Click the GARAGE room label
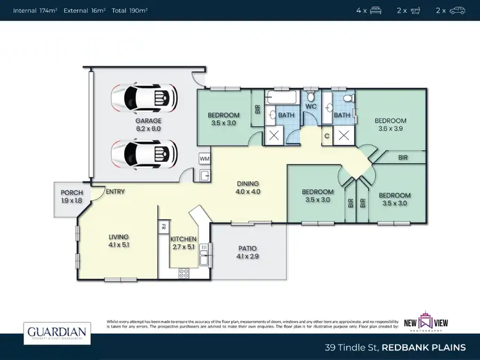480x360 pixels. [x=148, y=124]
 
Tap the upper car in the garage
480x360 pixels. [x=143, y=98]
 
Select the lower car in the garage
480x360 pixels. [x=143, y=153]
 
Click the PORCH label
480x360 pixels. [x=72, y=196]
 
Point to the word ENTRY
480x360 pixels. [x=115, y=191]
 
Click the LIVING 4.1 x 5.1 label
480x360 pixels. [x=118, y=240]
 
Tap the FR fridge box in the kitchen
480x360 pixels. [x=163, y=226]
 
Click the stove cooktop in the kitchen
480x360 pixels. [x=184, y=272]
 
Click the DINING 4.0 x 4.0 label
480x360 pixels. [x=247, y=187]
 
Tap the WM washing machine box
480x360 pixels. [x=205, y=158]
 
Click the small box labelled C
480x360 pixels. [x=326, y=136]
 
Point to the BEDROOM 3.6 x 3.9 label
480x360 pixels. [x=390, y=125]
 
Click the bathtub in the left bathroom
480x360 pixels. [x=282, y=98]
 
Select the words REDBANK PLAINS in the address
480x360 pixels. [x=424, y=347]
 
